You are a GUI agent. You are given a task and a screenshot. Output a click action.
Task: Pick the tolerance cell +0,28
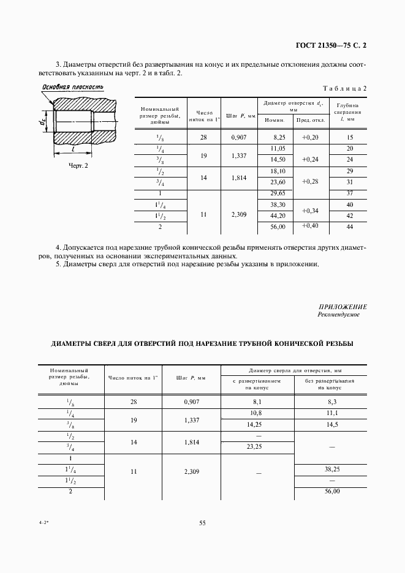pos(311,182)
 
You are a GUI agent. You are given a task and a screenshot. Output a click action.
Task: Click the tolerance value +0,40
pos(311,226)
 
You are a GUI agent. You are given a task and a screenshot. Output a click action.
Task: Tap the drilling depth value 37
pos(349,193)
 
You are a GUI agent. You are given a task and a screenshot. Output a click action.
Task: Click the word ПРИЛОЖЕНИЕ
pos(343,306)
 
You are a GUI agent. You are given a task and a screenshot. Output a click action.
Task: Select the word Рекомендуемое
pos(338,315)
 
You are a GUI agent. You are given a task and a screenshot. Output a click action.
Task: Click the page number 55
pos(202,522)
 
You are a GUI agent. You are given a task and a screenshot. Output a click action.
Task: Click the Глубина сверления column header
pos(349,113)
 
